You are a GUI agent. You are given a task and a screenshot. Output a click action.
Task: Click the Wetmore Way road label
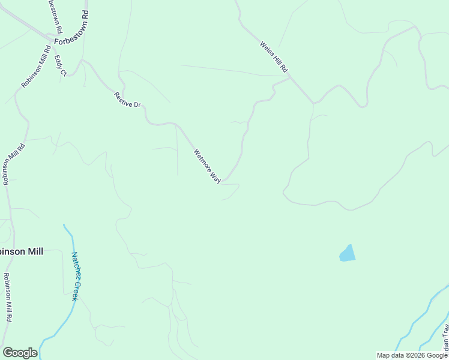(x=207, y=166)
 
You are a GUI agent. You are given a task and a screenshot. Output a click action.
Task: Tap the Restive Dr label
(x=127, y=100)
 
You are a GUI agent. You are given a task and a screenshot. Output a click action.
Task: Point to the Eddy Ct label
(x=59, y=65)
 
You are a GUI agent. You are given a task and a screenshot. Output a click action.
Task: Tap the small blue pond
(x=348, y=254)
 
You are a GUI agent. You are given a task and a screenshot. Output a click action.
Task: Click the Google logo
(x=20, y=353)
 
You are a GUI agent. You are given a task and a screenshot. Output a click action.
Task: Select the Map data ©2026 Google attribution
(x=412, y=355)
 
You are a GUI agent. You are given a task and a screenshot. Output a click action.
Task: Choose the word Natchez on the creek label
(x=77, y=265)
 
